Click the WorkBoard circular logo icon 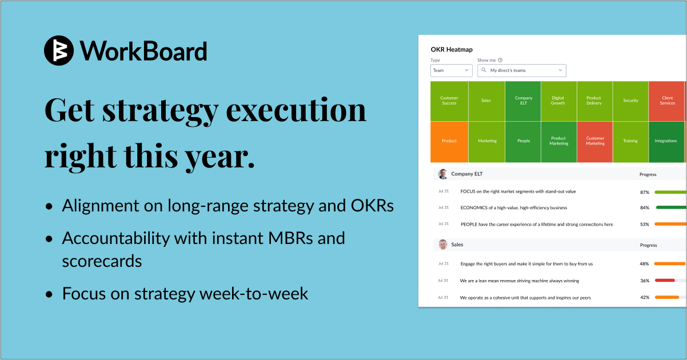[59, 50]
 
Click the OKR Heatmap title [452, 50]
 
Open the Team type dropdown [451, 70]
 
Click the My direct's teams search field [521, 70]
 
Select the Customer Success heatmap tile [449, 101]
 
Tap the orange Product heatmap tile [449, 141]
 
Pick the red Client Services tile [666, 101]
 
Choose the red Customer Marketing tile [594, 141]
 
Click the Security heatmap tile [630, 101]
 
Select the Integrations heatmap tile [666, 141]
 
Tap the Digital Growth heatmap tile [558, 101]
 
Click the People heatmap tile [524, 141]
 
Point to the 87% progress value [645, 193]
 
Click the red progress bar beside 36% [665, 281]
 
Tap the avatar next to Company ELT [443, 174]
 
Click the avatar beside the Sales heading [443, 245]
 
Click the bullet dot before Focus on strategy [51, 294]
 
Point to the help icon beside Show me [500, 60]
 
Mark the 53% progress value [645, 225]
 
